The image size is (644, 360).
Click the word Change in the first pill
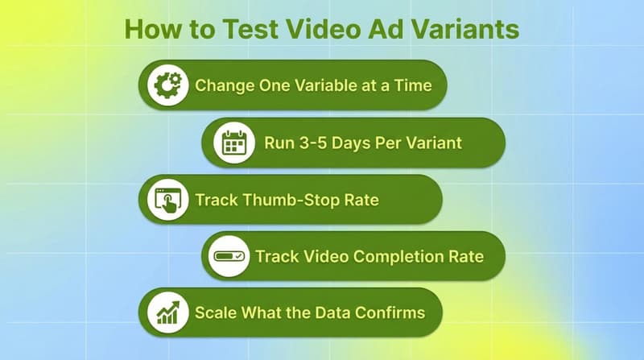(x=221, y=85)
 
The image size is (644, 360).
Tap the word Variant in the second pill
(x=433, y=143)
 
